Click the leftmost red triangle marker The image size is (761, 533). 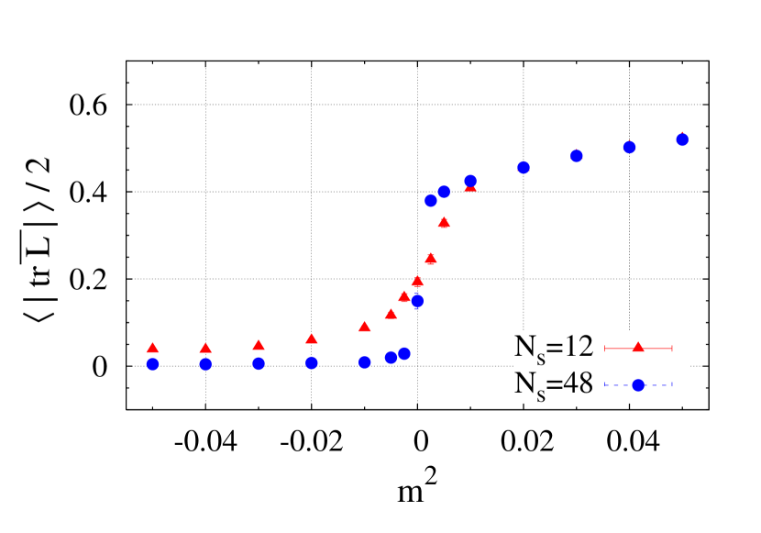pos(152,348)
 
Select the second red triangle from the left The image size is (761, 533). pos(205,348)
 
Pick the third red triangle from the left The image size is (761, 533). pos(259,345)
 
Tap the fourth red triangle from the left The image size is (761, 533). pos(312,339)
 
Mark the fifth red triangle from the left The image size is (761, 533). pos(365,326)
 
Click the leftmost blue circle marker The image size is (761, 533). pos(152,364)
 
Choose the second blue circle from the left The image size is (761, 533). pos(205,364)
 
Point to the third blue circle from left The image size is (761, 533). pos(259,363)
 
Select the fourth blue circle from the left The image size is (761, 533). pos(312,363)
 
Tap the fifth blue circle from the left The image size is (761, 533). pos(365,362)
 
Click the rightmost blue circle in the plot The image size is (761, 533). pos(682,139)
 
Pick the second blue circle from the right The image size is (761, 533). pos(629,147)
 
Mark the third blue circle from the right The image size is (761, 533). pos(577,156)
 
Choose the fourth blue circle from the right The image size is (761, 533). pos(524,167)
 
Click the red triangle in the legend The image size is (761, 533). pos(638,348)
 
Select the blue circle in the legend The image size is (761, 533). pos(638,385)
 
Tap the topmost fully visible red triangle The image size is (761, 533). pos(444,222)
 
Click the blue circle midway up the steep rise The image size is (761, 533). pos(417,301)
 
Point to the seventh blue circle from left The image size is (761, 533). pos(404,354)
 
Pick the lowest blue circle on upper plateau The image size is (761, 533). pos(431,200)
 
